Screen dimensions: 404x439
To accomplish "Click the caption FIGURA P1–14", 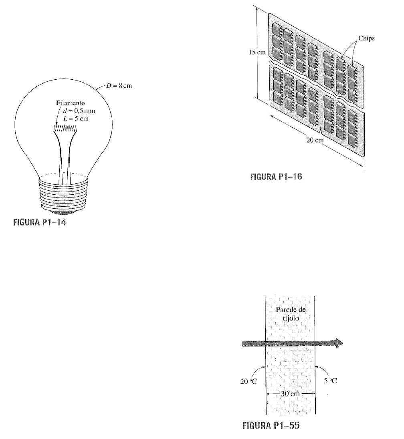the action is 40,222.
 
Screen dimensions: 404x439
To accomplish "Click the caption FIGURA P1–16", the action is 276,177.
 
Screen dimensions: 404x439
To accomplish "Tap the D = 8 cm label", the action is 119,86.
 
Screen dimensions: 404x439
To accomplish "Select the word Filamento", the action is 70,103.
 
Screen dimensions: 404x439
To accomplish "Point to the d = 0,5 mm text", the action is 79,111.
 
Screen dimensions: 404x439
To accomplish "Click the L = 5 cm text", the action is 76,119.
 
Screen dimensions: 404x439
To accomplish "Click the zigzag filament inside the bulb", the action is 65,129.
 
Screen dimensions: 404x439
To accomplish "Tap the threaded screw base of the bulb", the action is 64,195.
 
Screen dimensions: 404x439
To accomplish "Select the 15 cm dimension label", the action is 257,52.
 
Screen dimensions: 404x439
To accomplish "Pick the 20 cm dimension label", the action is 315,140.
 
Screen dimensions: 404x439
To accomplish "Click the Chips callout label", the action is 366,38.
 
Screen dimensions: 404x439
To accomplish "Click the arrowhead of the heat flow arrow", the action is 339,343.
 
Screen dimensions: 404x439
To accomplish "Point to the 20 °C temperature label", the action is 248,381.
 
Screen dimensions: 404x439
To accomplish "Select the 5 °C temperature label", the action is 331,381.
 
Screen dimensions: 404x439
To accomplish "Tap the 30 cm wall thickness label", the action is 290,394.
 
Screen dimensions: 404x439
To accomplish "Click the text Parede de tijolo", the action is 291,314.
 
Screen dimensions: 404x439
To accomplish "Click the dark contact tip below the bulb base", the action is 64,213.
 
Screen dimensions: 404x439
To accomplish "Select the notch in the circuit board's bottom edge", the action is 321,130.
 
